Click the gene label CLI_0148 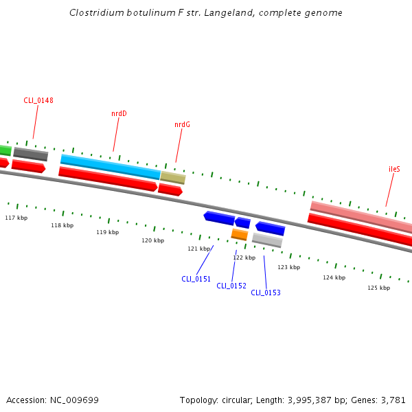point(38,100)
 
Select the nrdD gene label point(119,113)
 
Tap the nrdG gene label point(182,124)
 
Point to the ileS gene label point(394,168)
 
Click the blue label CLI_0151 point(196,279)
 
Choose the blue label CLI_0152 point(231,286)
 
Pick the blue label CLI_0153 point(266,293)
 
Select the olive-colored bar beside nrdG point(173,178)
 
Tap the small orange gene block point(239,235)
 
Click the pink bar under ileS point(360,216)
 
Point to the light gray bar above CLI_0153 point(267,240)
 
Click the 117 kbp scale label point(16,218)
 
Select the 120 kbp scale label point(152,240)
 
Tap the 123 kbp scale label point(288,267)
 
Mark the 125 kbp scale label point(378,288)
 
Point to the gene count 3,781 point(393,400)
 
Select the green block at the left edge point(5,150)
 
